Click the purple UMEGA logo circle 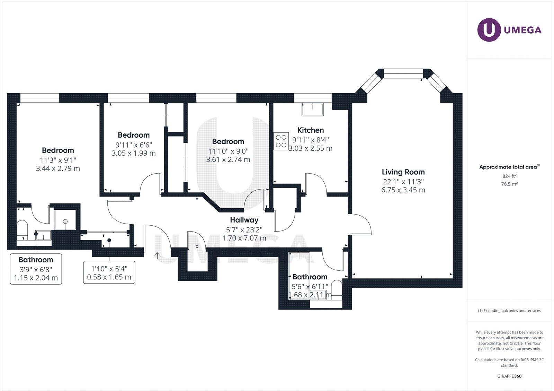click(x=489, y=30)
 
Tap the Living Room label click(x=403, y=172)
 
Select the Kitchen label click(x=311, y=130)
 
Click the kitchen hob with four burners click(x=281, y=141)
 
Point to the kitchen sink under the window click(x=312, y=109)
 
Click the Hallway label click(x=244, y=220)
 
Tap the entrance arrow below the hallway click(x=157, y=256)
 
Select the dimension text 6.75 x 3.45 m click(x=403, y=190)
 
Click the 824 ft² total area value click(x=509, y=176)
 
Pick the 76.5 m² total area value click(x=509, y=184)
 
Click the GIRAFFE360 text click(x=509, y=376)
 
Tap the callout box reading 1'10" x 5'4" click(x=109, y=273)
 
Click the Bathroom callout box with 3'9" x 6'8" click(x=36, y=269)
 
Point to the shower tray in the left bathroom click(x=65, y=220)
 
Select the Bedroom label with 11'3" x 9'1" click(x=58, y=150)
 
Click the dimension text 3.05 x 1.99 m click(x=134, y=153)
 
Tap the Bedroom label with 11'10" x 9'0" click(x=228, y=141)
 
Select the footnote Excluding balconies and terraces click(x=509, y=311)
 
